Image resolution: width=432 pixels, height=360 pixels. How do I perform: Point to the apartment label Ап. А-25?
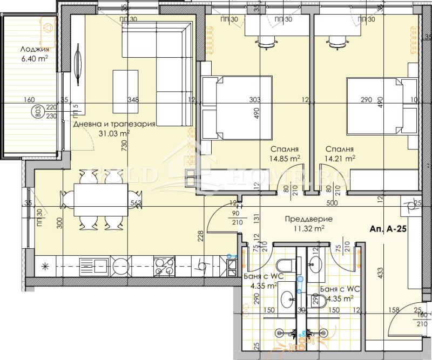pos(388,228)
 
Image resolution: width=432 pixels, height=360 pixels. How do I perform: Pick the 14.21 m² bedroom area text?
pos(340,159)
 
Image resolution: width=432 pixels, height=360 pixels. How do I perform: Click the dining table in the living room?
pos(100,200)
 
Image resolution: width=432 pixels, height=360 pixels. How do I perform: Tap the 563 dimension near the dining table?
pos(136,204)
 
